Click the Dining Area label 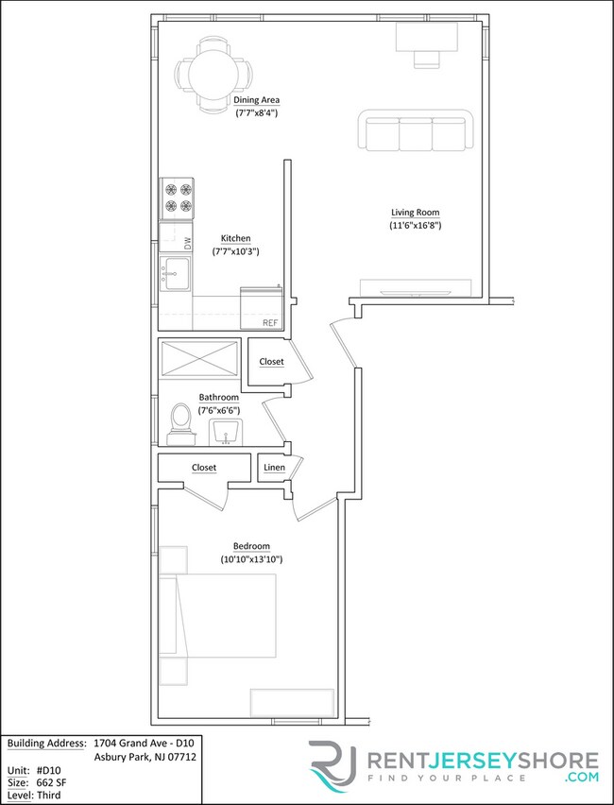tap(257, 100)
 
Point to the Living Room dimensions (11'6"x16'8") tap(416, 226)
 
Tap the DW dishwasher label tap(187, 242)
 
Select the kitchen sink tap(175, 273)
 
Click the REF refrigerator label tap(270, 323)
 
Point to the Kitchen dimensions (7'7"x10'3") tap(235, 251)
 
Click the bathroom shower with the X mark tap(199, 358)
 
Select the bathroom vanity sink tap(226, 432)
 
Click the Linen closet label tap(274, 468)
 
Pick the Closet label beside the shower tap(272, 362)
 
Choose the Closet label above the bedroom tap(204, 468)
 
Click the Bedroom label tap(251, 546)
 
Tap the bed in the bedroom tap(217, 615)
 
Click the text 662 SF tap(51, 782)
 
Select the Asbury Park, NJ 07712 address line tap(145, 757)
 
